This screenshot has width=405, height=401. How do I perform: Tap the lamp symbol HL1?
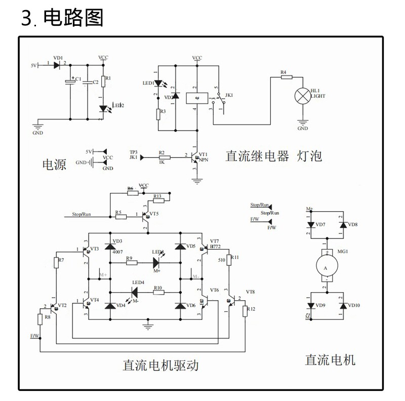click(x=303, y=95)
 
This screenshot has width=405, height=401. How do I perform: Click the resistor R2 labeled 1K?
click(x=161, y=157)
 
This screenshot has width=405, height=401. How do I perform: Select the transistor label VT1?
click(x=203, y=153)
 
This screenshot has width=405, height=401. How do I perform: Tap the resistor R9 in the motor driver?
click(x=130, y=263)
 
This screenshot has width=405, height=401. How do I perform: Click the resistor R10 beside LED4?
click(x=157, y=292)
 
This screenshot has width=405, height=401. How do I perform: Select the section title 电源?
click(x=54, y=165)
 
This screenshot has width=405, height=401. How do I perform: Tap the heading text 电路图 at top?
click(x=74, y=18)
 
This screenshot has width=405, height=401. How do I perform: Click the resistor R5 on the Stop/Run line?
click(x=120, y=217)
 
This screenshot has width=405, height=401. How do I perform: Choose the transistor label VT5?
click(x=153, y=214)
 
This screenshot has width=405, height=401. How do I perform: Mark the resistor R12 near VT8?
click(x=246, y=310)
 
